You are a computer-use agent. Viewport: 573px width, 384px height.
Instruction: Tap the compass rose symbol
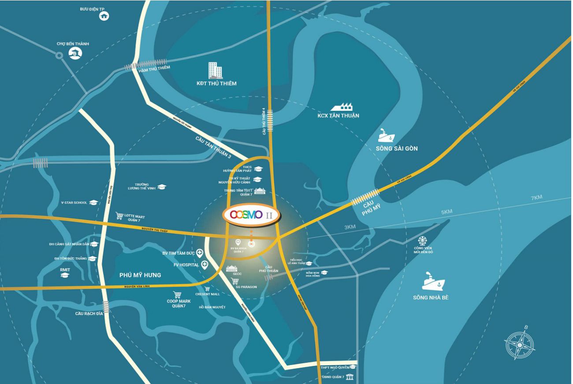(520, 344)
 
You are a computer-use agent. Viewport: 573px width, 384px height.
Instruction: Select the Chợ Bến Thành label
(73, 44)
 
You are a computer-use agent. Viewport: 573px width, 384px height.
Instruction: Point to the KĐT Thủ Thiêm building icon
(215, 71)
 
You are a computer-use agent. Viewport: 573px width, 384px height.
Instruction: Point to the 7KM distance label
(536, 197)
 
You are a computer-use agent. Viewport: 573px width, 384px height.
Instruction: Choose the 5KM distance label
(446, 212)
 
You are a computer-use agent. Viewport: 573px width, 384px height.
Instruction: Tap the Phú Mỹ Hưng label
(140, 275)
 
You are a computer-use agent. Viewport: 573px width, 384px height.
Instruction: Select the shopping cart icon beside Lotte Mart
(119, 216)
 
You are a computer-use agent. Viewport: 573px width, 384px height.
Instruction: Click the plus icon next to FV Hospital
(205, 265)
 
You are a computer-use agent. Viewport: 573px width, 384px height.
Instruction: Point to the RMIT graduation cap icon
(65, 275)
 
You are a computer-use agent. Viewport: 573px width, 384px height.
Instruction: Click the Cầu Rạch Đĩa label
(88, 314)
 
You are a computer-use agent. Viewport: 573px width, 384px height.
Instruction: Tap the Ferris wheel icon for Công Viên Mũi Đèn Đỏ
(423, 241)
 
